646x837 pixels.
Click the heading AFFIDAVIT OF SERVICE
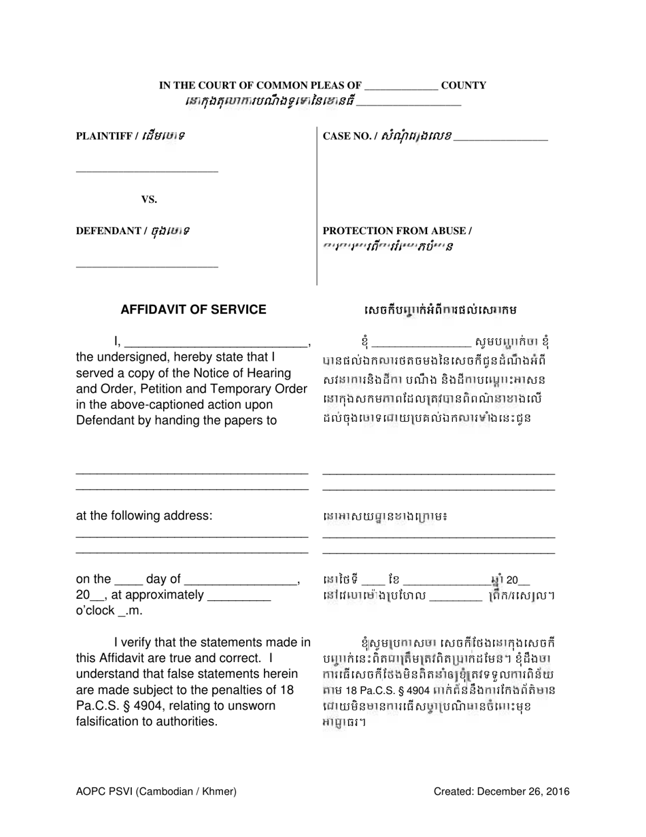193,310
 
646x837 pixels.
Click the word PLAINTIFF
103,136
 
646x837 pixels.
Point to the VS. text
149,199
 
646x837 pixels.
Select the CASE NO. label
346,136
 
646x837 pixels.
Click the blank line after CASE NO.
500,139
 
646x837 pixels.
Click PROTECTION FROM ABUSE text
397,231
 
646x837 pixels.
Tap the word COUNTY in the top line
463,86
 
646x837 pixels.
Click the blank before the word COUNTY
401,88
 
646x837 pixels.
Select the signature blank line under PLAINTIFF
146,171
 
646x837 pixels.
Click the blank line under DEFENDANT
146,265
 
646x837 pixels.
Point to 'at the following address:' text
144,515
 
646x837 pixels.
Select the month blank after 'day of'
241,583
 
